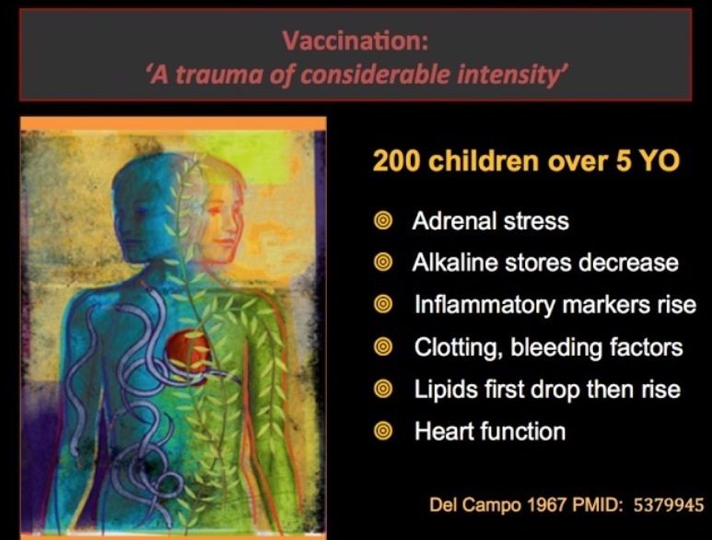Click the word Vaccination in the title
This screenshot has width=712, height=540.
(355, 41)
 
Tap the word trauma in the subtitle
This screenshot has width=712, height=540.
(219, 75)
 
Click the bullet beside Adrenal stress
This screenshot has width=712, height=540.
(383, 221)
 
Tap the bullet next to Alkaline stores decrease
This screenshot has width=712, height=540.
(383, 263)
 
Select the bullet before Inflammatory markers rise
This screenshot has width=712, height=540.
(383, 304)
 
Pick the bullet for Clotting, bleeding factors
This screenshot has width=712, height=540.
(383, 347)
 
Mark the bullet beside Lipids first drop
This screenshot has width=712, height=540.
(383, 389)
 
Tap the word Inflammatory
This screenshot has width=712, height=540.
(485, 305)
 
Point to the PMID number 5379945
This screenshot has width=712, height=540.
(669, 505)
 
